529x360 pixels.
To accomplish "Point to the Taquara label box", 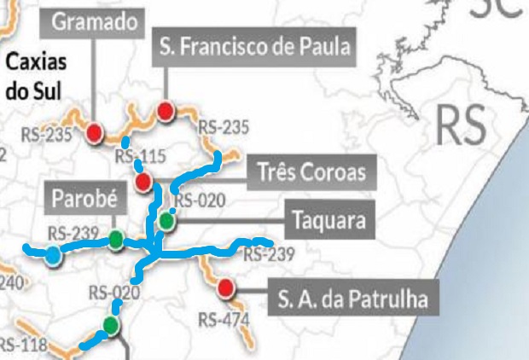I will (329, 220).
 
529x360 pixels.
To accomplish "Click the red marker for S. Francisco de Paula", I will (166, 110).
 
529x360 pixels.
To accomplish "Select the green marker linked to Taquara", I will (166, 221).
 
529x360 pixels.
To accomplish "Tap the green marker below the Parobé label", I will (115, 238).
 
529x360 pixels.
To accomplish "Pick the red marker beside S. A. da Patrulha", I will (226, 287).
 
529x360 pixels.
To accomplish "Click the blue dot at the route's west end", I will (54, 254).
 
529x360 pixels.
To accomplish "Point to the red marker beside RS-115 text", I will (143, 181).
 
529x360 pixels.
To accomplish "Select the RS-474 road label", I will (224, 320).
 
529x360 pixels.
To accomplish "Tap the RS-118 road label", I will (20, 345).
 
